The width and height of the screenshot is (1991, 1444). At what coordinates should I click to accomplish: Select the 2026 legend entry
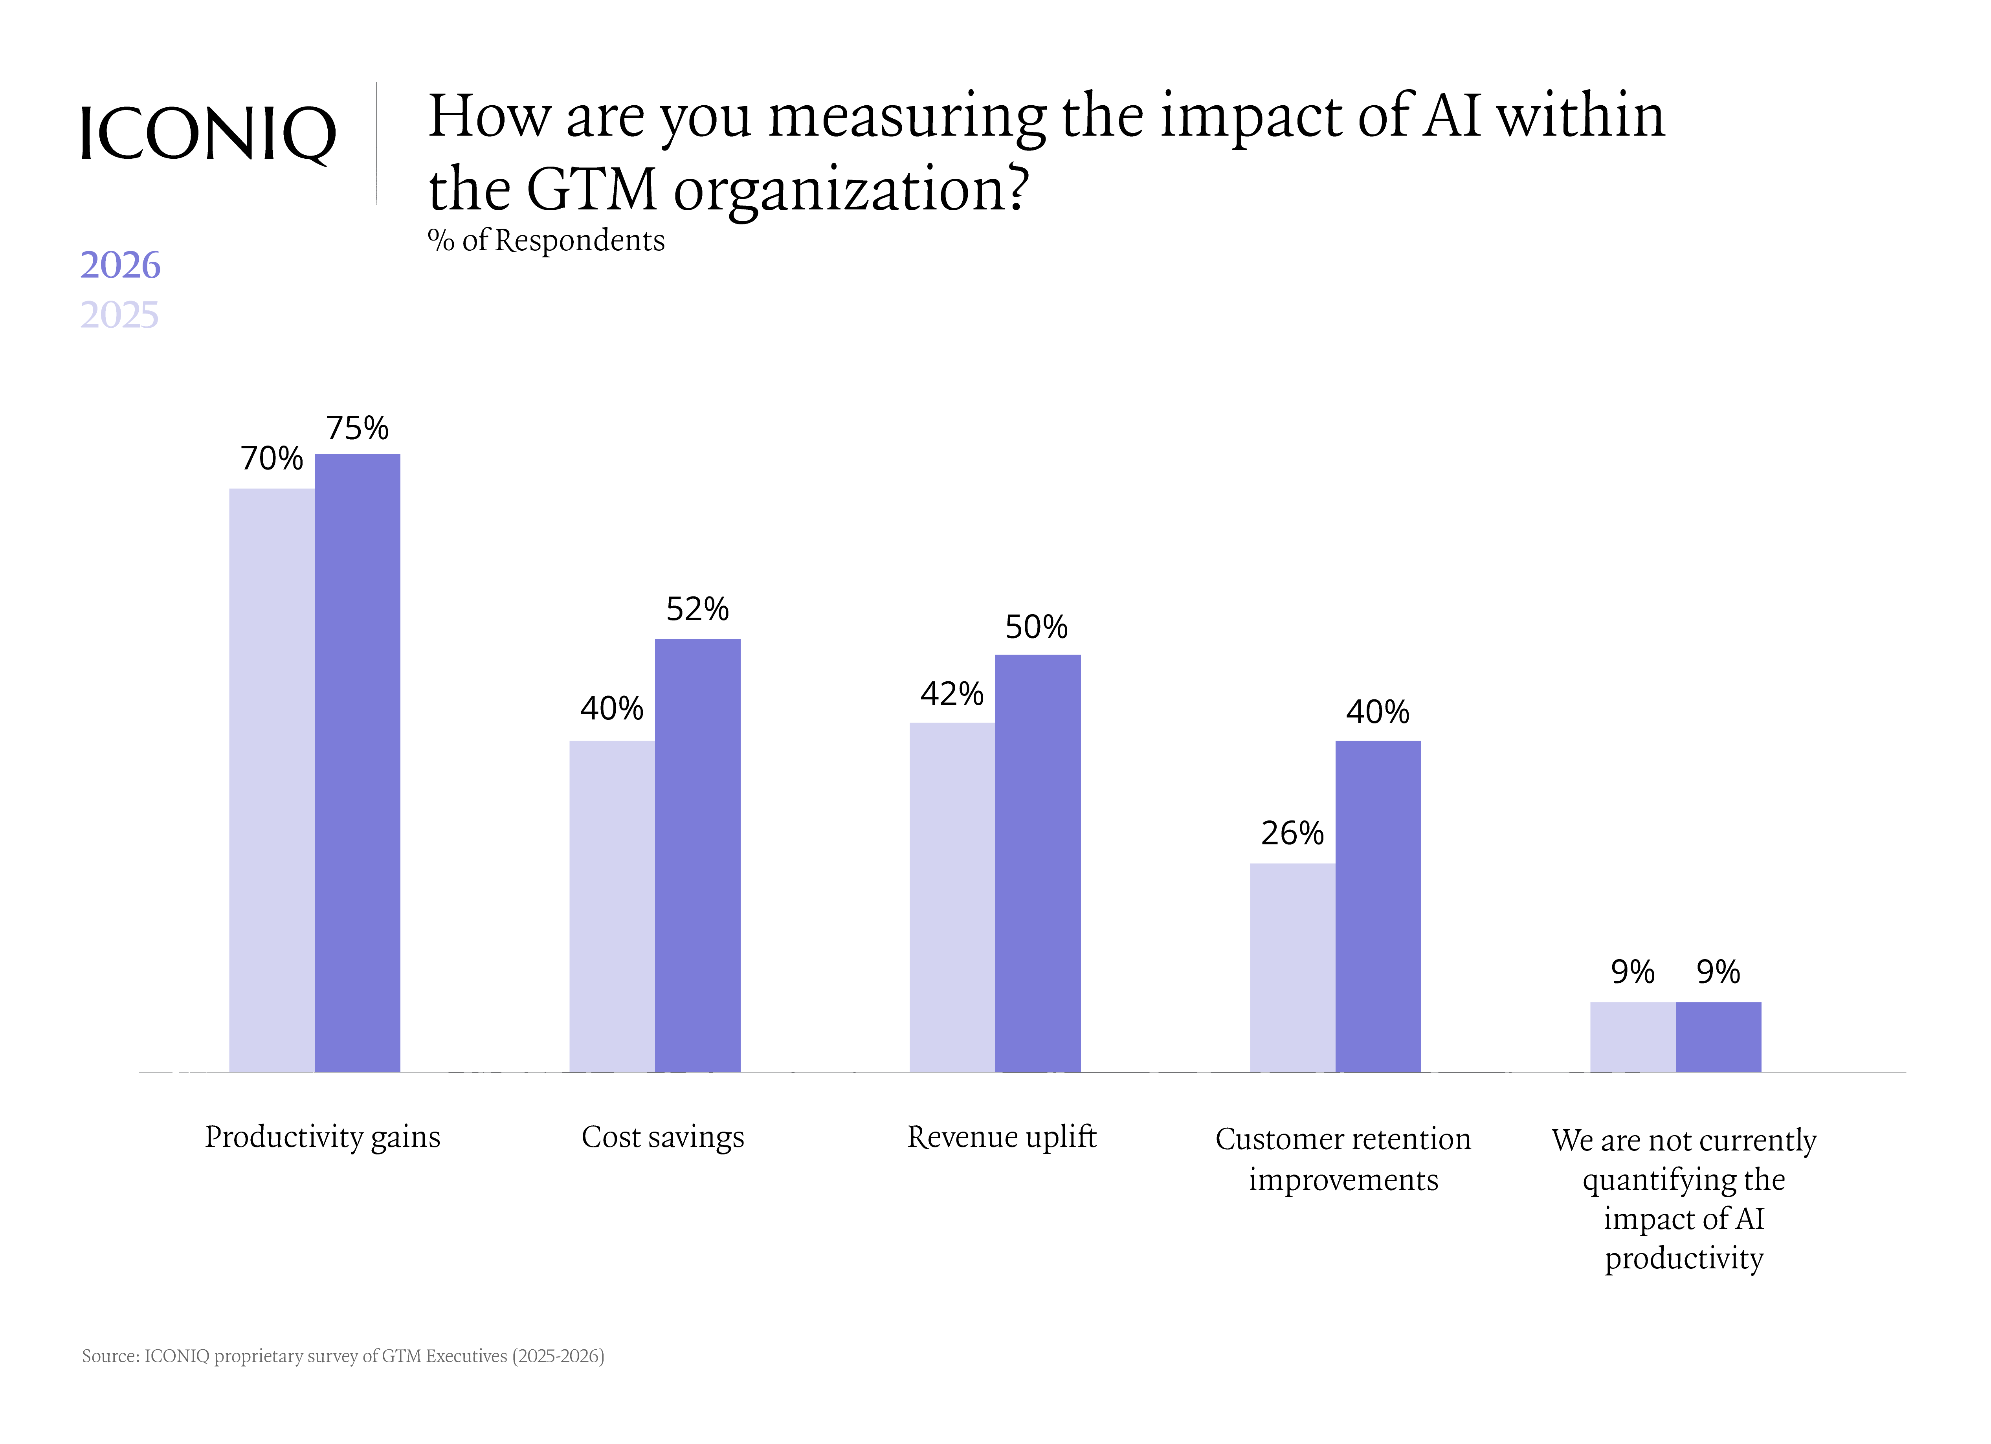point(120,265)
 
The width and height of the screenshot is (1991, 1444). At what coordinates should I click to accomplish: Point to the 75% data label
point(357,428)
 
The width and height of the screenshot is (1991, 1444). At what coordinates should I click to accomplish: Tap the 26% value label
point(1292,833)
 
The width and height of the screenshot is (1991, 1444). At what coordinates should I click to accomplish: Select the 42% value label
point(952,694)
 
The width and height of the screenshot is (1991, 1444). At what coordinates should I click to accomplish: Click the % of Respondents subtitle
point(546,240)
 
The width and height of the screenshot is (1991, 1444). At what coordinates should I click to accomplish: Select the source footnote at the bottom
point(343,1356)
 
